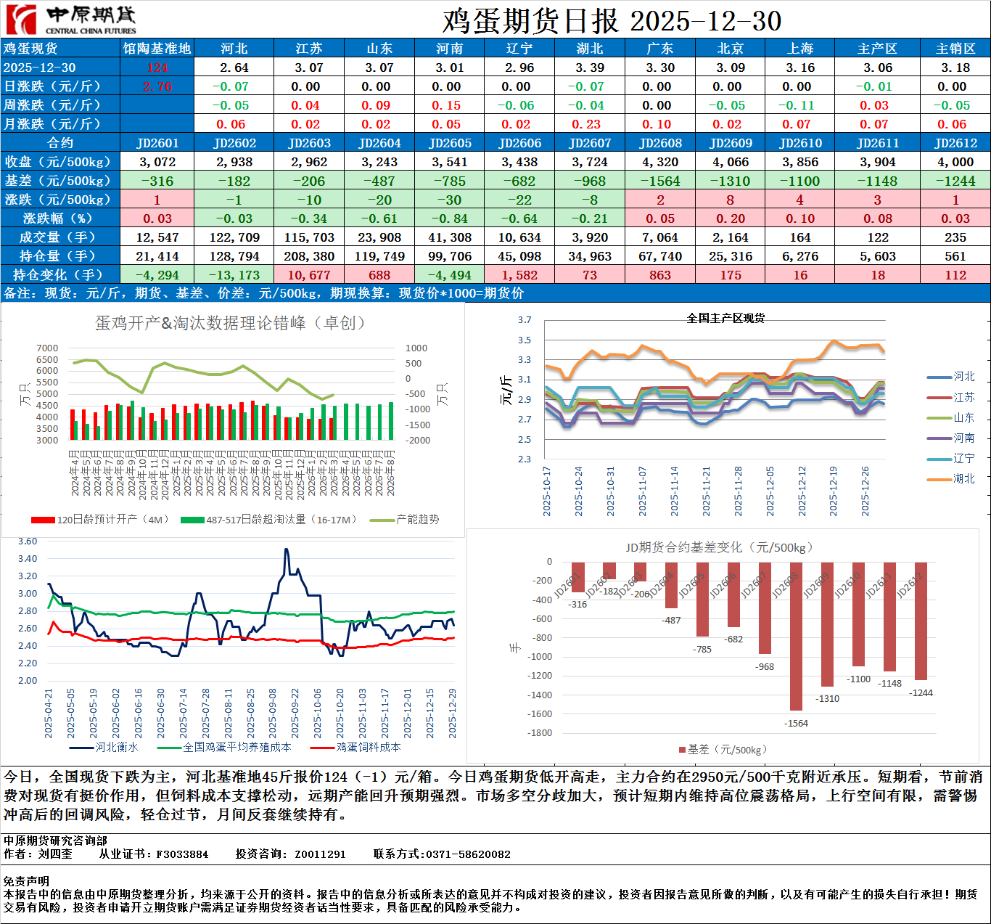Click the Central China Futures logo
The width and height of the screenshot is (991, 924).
point(70,20)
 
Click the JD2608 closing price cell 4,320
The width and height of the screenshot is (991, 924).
point(660,162)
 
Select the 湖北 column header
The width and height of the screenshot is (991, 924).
point(590,48)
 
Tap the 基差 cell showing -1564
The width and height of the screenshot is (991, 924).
point(660,181)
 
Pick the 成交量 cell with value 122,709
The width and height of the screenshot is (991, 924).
point(234,237)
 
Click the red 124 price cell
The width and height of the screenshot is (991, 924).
point(157,68)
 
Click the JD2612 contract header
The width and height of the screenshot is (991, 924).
point(955,143)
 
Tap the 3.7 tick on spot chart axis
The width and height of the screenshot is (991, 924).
point(525,320)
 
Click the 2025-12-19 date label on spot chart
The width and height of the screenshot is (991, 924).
point(834,491)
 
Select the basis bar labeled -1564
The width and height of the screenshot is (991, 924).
point(796,635)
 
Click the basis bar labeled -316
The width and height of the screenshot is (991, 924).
point(578,577)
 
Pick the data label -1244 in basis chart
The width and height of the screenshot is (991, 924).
point(921,693)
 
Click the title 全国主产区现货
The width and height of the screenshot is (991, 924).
point(725,319)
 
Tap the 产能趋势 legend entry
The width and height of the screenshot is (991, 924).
point(416,520)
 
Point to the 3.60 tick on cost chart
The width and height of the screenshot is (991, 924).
point(28,541)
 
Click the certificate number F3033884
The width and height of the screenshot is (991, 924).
point(182,854)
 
